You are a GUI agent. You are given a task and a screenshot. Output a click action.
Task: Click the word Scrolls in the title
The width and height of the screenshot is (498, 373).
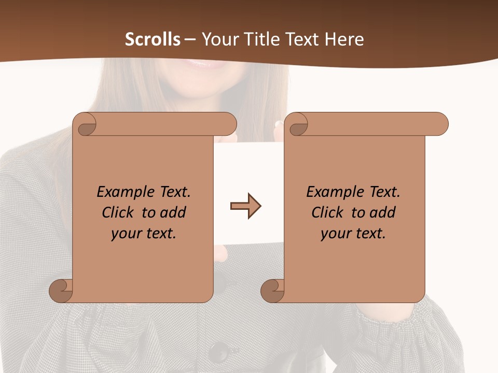click(x=153, y=39)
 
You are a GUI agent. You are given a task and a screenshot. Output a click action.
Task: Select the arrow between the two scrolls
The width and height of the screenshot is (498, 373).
click(x=245, y=206)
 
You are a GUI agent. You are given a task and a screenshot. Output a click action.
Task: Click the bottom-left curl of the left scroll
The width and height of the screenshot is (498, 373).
click(x=61, y=290)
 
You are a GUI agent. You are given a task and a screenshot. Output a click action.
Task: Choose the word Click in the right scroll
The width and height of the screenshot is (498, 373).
click(x=328, y=212)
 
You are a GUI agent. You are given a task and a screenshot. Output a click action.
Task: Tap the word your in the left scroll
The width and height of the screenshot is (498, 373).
click(x=126, y=234)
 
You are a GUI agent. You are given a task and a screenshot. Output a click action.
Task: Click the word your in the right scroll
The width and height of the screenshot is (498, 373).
click(x=336, y=234)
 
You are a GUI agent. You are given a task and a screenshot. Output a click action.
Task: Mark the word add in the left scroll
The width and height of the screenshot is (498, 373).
click(x=173, y=212)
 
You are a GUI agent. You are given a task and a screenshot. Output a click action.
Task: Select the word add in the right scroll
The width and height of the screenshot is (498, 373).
click(x=383, y=212)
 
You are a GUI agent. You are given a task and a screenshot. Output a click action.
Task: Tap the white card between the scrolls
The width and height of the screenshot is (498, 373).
click(x=249, y=166)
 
